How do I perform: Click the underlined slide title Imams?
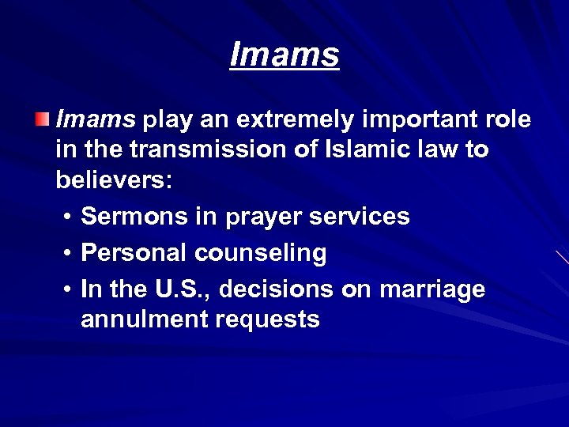284,55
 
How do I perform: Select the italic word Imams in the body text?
96,119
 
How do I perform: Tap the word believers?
114,179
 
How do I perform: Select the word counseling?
261,253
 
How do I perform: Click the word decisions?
277,289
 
